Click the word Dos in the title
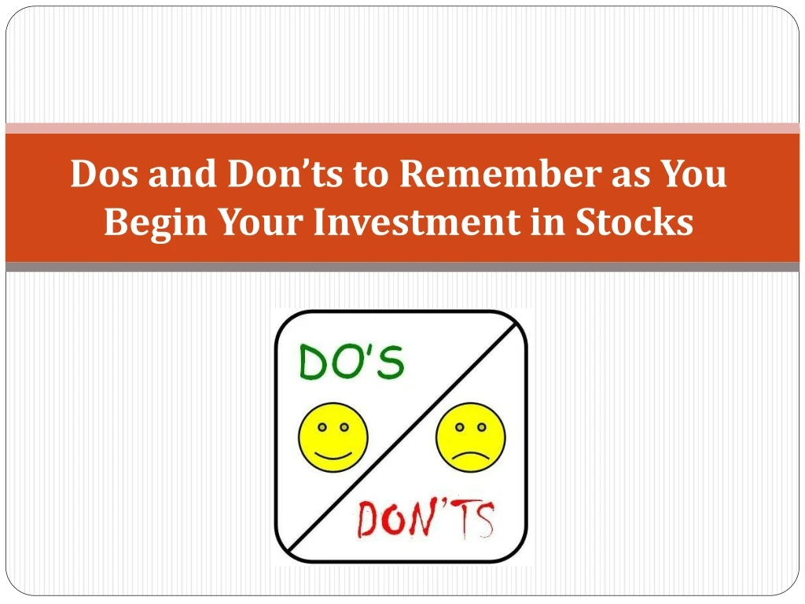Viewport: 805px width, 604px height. tap(105, 173)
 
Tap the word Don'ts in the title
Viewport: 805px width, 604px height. tap(285, 173)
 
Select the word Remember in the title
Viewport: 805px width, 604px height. tap(500, 173)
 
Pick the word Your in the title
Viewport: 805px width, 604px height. tap(260, 222)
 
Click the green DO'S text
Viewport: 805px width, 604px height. tap(351, 362)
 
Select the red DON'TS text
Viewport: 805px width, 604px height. tap(425, 518)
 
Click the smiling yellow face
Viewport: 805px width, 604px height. tap(333, 437)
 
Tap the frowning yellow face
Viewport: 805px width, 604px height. tap(471, 437)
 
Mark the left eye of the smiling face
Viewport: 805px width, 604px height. tap(322, 427)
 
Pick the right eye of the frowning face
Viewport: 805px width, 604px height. tap(482, 427)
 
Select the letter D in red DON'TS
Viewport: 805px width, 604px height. tap(368, 520)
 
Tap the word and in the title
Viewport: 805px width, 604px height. tap(182, 173)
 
